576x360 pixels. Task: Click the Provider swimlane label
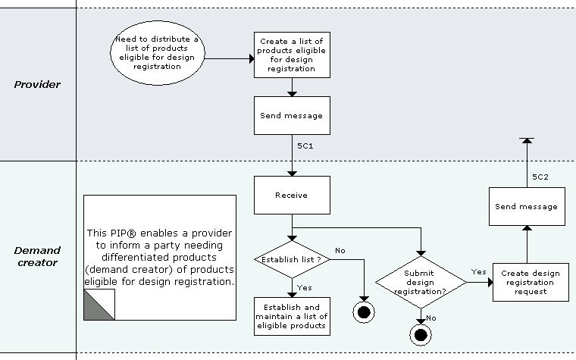coord(37,84)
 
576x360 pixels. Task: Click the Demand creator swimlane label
coord(37,256)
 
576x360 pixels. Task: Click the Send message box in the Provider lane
coord(292,116)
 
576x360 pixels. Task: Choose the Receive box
coord(292,195)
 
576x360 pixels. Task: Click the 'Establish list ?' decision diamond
coord(292,260)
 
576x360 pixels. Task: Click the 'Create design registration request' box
coord(530,283)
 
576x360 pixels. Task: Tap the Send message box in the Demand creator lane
coord(526,206)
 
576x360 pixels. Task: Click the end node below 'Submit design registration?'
coord(419,333)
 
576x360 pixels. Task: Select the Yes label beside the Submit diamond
coord(478,271)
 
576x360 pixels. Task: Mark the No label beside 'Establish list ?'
coord(340,250)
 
